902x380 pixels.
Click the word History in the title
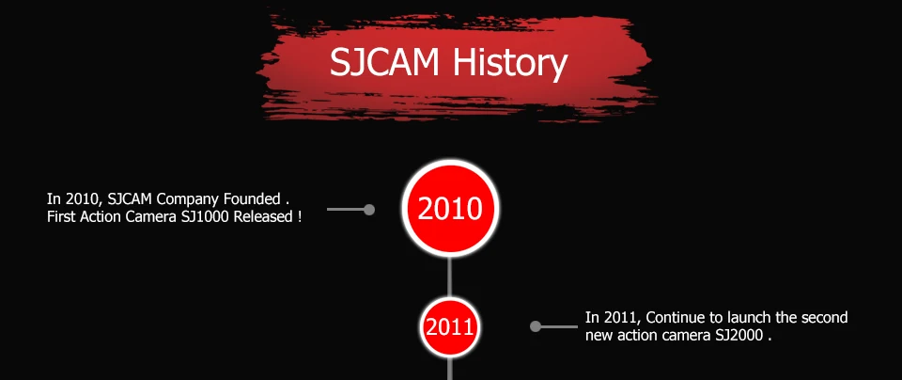coord(510,63)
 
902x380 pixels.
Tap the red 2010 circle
coord(450,209)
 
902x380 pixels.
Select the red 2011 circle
coord(449,327)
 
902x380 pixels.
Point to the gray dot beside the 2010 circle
coord(369,210)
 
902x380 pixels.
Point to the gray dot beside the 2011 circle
coord(535,326)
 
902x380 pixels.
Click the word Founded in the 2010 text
coord(252,199)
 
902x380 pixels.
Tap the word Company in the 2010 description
coord(189,200)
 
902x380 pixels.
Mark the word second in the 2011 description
coord(825,317)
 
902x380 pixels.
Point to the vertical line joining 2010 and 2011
coord(449,277)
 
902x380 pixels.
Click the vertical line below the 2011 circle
coord(449,368)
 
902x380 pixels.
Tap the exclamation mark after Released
coord(300,217)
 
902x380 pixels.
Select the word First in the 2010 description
coord(58,217)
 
